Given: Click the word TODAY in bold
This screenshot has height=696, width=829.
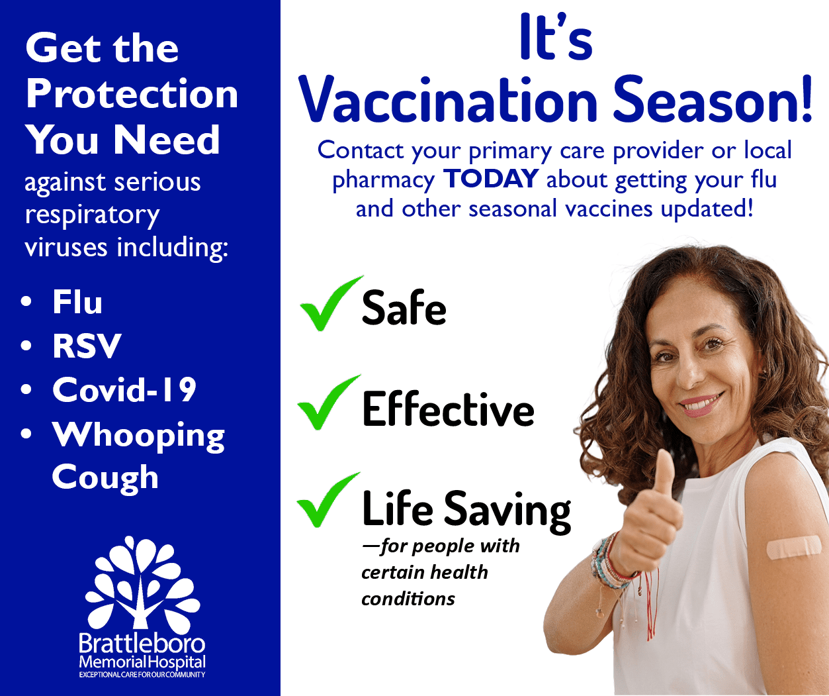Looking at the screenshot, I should coord(491,179).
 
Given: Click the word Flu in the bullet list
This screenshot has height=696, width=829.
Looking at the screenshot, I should coord(77,303).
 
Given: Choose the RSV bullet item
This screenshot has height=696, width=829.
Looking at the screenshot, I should coord(87,346).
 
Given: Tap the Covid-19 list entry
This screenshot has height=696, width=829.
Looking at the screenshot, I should coord(124,390).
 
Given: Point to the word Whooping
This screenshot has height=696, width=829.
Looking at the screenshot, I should coord(139,436).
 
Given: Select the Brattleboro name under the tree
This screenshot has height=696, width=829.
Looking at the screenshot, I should coord(142,644).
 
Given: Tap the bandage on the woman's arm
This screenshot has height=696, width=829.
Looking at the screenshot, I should coord(793,547).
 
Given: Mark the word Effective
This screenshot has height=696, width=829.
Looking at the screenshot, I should coord(448,409).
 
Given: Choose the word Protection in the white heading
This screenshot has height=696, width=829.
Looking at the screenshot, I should coord(132,95).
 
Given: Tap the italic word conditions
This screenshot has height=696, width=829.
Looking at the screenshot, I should coord(408,599).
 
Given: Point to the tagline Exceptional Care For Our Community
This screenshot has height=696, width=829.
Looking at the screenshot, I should coord(142,675).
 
